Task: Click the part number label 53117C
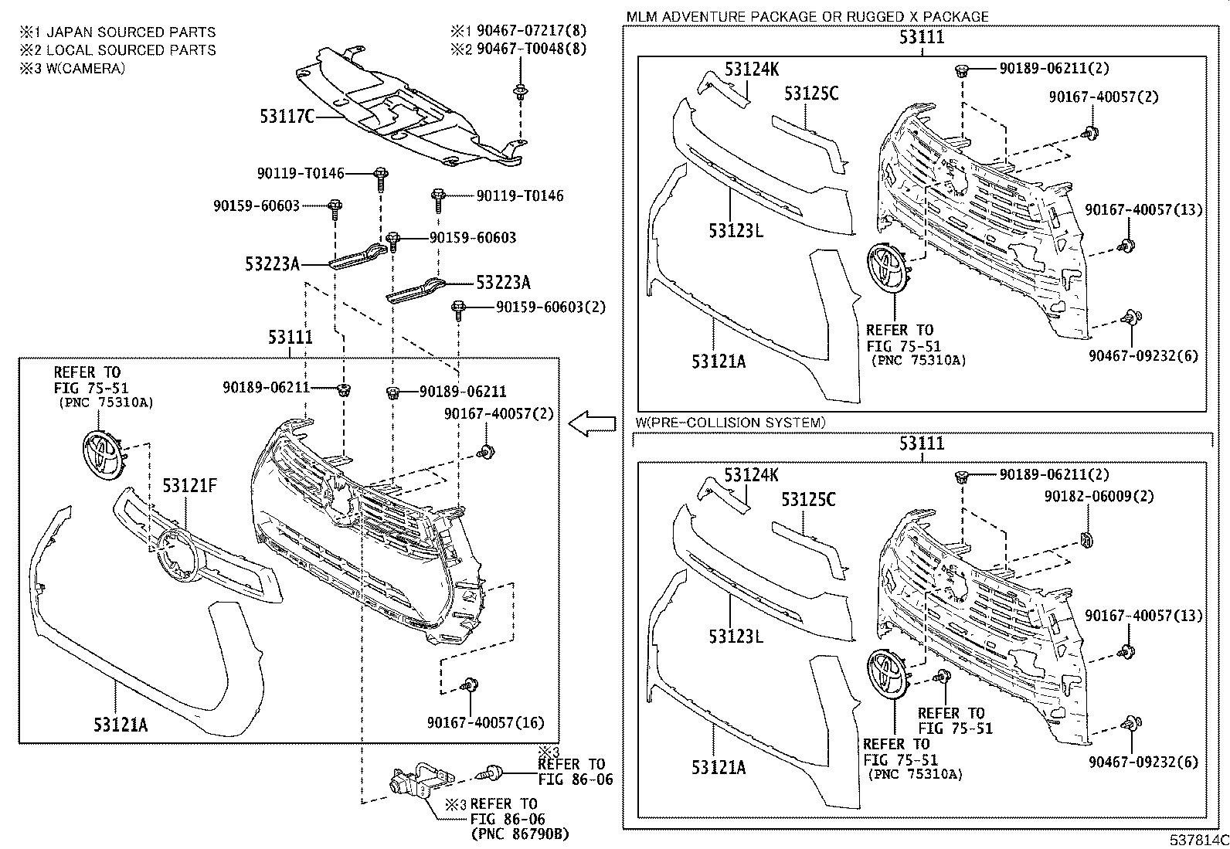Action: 287,117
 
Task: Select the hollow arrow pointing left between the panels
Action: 591,424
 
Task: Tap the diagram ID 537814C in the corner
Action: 1198,840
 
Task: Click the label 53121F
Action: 189,485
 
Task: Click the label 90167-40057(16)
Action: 485,723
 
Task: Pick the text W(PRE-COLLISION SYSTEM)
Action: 730,423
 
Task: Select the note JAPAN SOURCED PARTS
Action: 131,32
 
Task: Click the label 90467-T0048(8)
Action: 532,49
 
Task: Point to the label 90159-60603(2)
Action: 551,307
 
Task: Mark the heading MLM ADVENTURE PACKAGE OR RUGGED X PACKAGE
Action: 807,16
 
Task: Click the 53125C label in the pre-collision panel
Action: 808,499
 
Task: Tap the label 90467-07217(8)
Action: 532,31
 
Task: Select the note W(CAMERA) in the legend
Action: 86,68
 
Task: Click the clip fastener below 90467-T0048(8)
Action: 519,92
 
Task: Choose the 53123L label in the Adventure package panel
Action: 736,231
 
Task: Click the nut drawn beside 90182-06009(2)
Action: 1086,540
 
